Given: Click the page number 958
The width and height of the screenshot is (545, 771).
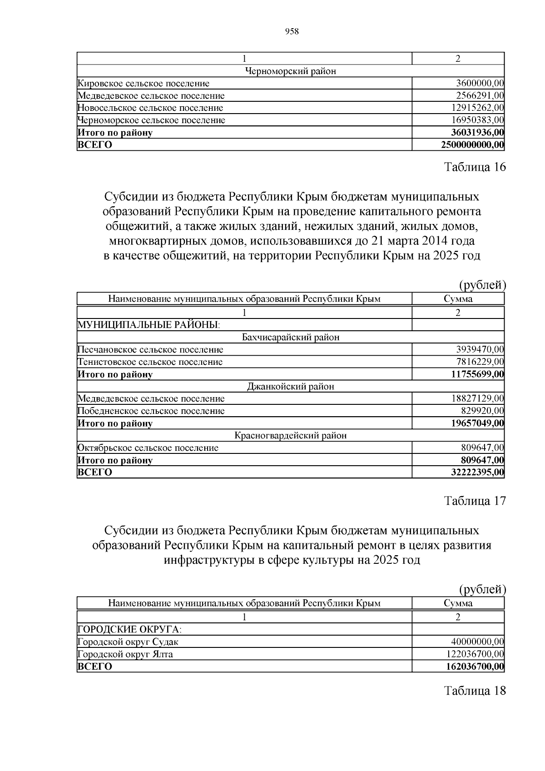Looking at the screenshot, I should pos(291,31).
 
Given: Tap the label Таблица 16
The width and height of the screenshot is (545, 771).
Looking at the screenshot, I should pos(475,167).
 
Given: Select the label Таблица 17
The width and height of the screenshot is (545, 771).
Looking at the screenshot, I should pos(475,501).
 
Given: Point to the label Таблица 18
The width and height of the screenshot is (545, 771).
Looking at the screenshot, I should pos(475,691).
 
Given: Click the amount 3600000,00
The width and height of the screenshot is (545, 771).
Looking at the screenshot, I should pos(480,84).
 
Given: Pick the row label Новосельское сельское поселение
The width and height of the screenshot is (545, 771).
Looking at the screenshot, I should pos(150,108).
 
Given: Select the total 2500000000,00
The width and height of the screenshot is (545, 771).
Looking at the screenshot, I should pos(472,145).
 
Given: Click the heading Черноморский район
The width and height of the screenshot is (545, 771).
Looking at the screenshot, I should pos(290,71).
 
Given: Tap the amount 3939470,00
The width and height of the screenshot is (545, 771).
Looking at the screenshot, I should pos(480,350).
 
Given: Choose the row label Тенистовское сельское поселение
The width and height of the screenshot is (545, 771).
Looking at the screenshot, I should pos(150,362).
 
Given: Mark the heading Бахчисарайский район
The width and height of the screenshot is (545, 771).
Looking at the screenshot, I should pos(291,338).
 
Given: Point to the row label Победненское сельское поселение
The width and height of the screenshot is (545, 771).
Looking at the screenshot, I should pos(151,411).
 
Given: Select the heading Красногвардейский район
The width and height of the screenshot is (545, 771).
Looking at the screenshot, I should pos(290,436).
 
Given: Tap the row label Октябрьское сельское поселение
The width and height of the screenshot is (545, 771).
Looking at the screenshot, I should pos(148,448).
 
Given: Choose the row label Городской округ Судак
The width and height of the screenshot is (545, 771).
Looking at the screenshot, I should pos(128,642).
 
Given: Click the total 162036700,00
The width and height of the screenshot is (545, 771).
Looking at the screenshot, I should pos(476,667).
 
